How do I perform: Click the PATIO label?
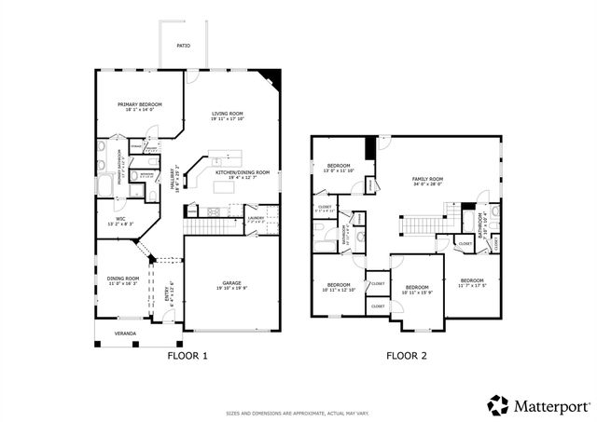(183, 46)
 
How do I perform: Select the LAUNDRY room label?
(256, 219)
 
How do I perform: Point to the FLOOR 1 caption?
(187, 356)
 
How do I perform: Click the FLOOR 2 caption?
(407, 356)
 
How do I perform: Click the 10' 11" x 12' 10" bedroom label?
(338, 287)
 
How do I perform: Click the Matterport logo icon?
(499, 405)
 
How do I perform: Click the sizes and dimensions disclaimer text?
(298, 413)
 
